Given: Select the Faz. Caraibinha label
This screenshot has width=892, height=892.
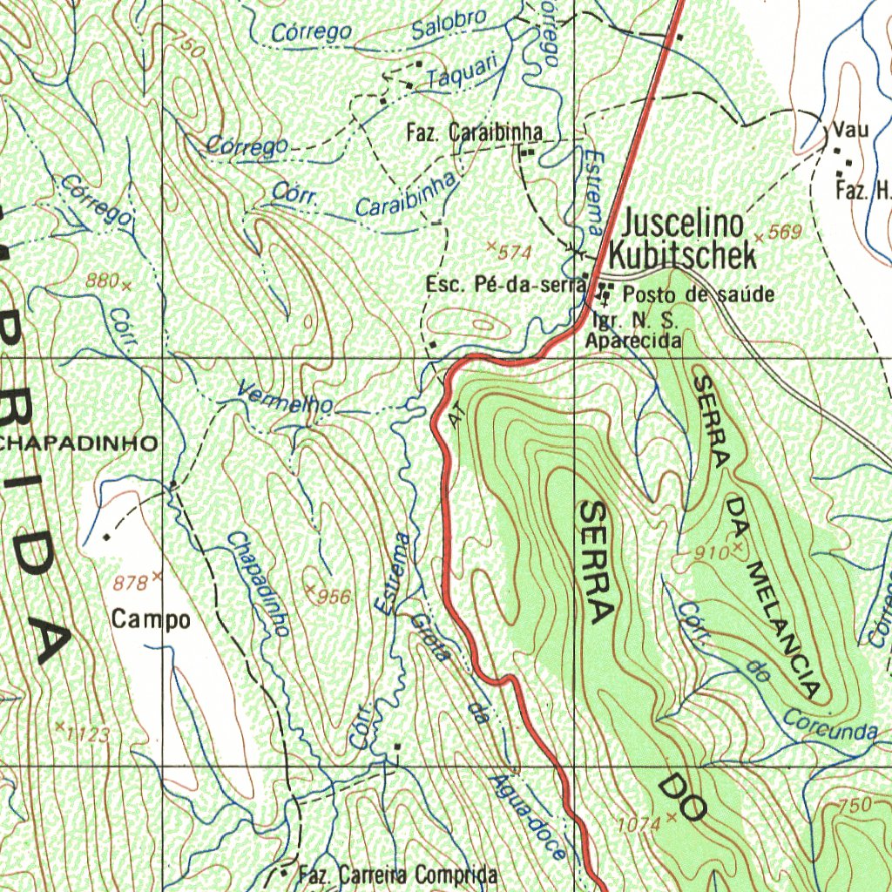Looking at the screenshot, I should point(474,133).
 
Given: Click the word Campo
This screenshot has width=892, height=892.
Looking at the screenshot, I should point(150,620).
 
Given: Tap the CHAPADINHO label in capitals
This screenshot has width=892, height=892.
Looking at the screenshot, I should point(78,443).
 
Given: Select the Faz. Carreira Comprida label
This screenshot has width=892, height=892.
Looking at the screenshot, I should point(397,875).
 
